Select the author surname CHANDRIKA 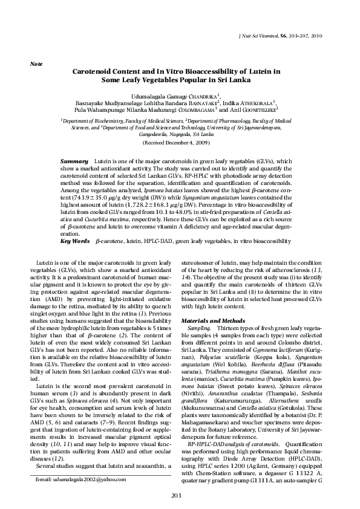click(203, 96)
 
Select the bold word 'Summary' click(74, 163)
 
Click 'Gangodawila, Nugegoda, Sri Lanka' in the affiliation click(180, 135)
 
